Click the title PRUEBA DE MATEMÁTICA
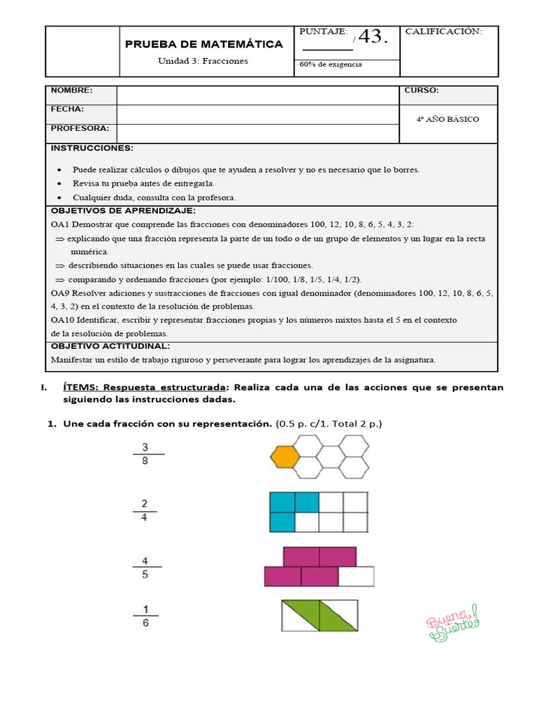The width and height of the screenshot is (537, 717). tap(203, 44)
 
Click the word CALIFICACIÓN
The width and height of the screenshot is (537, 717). tap(443, 32)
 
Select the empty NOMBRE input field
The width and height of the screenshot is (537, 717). tap(257, 95)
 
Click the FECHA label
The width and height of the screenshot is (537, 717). tap(67, 109)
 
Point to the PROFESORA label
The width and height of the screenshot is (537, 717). tap(80, 129)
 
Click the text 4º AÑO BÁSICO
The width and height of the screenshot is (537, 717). tap(447, 119)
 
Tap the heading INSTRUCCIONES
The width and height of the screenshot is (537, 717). tap(92, 148)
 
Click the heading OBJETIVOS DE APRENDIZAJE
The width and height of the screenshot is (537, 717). tap(123, 211)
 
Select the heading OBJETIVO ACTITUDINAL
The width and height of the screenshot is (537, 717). tap(110, 346)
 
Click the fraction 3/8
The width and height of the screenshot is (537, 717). tap(145, 454)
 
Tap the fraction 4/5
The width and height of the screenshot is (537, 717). tap(145, 567)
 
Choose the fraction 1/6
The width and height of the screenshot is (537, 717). tap(145, 615)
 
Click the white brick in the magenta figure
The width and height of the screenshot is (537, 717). tap(356, 576)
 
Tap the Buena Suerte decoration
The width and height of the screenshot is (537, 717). tap(452, 622)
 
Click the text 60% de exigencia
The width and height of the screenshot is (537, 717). tap(331, 64)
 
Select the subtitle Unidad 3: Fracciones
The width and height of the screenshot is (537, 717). tap(203, 61)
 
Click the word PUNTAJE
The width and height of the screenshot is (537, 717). tap(323, 32)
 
